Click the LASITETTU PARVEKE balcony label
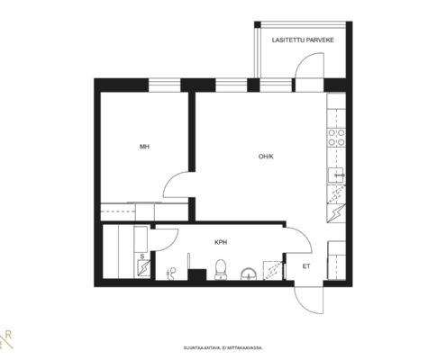click(303, 40)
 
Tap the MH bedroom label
click(144, 147)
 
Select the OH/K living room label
click(266, 157)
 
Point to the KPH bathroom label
click(221, 242)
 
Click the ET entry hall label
click(306, 266)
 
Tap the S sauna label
click(142, 256)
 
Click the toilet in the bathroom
click(221, 269)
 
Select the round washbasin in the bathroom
click(249, 274)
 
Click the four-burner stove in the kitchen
click(336, 138)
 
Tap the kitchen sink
click(336, 175)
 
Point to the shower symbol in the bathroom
click(171, 274)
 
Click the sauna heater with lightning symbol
click(144, 268)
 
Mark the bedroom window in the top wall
click(164, 85)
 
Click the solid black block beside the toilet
click(196, 274)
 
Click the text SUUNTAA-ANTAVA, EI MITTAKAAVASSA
click(223, 348)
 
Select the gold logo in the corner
click(6, 339)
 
